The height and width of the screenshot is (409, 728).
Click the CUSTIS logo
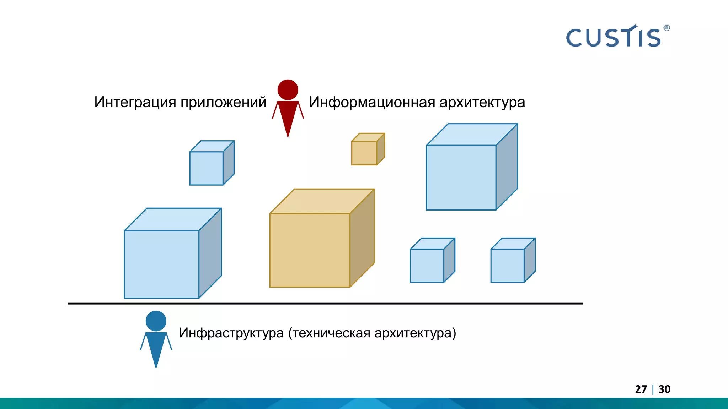tap(614, 37)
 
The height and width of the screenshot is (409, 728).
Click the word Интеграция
tap(135, 102)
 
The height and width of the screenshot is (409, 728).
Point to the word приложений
tap(223, 102)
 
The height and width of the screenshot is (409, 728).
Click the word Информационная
tap(372, 102)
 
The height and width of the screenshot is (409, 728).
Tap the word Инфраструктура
tap(231, 333)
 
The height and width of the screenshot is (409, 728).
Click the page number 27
tap(641, 389)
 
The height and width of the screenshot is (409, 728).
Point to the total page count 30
tap(664, 389)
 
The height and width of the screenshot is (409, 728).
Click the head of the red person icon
tap(288, 89)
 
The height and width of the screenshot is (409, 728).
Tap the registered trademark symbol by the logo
tap(667, 28)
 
